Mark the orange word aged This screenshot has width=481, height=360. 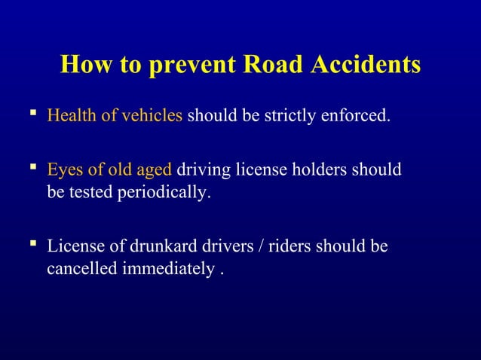155,170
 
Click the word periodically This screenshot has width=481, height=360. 164,193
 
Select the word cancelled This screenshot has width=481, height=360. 80,269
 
